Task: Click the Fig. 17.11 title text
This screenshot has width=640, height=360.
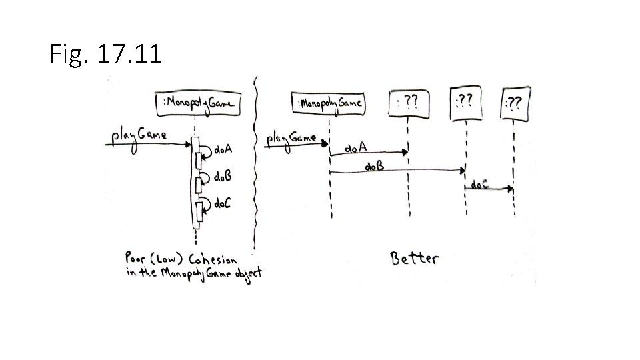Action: coord(105,55)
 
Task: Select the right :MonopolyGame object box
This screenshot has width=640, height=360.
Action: coord(329,103)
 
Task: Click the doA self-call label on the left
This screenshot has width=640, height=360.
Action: coord(223,151)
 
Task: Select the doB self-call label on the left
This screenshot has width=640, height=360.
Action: coord(223,177)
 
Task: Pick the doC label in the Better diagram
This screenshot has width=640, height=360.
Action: coord(480,184)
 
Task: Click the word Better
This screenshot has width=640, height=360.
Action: coord(414,258)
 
